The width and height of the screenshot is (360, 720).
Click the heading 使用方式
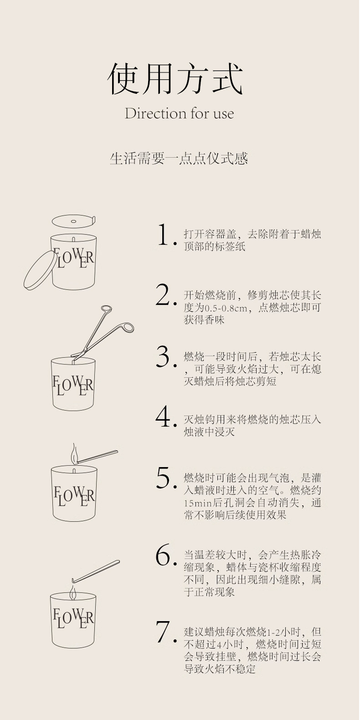pos(175,79)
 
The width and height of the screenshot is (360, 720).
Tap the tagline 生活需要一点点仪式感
pos(179,159)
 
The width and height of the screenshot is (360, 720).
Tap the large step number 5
pos(164,478)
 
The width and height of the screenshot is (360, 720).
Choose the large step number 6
pos(164,554)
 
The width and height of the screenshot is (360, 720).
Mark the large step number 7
pos(164,631)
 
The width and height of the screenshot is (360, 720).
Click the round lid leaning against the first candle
pos(39,270)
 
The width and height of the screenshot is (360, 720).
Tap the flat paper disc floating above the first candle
pos(74,221)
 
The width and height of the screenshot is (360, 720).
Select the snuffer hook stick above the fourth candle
pos(95,571)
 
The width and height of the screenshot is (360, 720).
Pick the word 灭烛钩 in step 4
pos(199,419)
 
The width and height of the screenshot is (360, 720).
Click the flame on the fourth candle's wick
pos(73,593)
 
